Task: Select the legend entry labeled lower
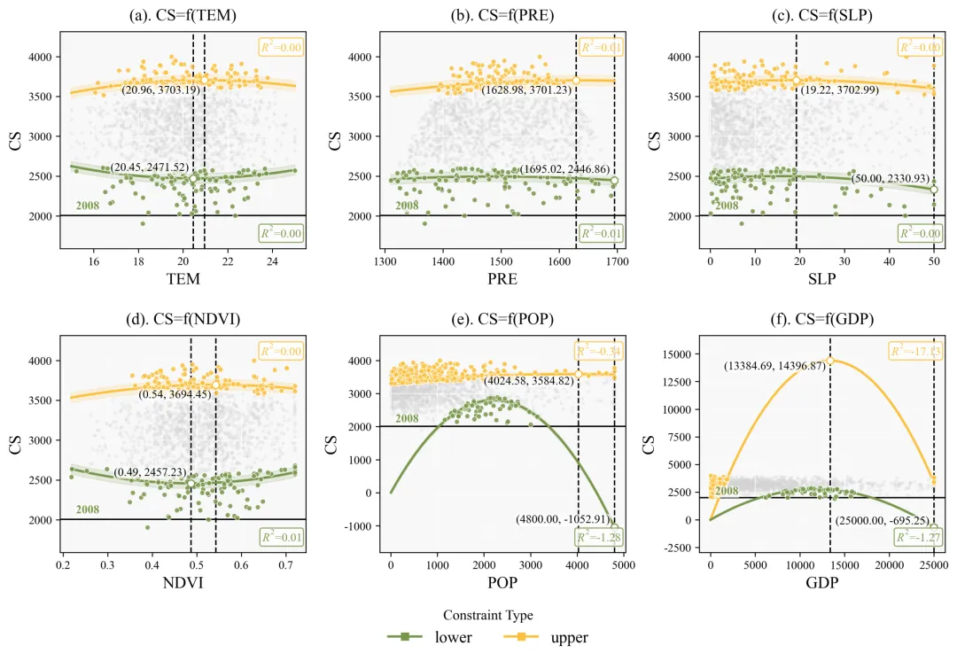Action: tap(433, 636)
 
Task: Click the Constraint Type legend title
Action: tap(488, 614)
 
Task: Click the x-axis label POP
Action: tap(502, 583)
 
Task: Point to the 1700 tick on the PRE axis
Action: tap(617, 262)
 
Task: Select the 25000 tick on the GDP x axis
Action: tap(933, 564)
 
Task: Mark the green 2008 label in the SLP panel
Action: tap(727, 206)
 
